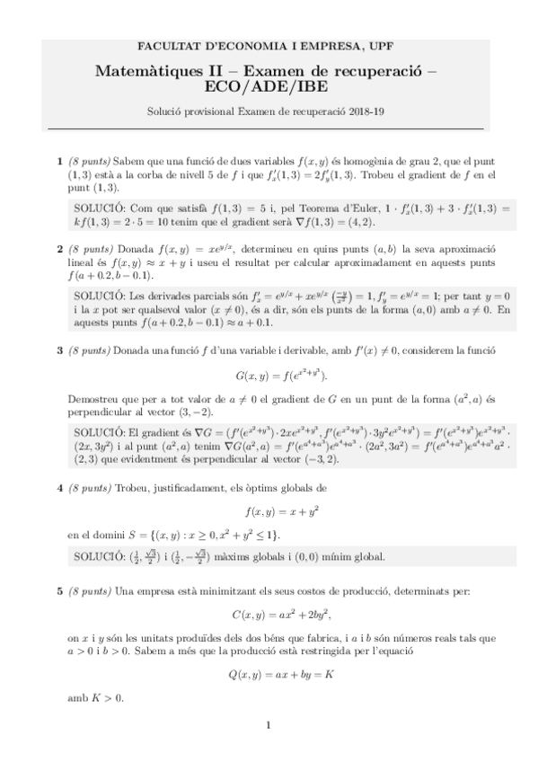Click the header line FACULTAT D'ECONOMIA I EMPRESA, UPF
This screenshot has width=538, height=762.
[x=269, y=46]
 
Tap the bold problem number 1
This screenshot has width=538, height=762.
[x=60, y=161]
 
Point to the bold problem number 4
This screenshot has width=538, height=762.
[x=60, y=487]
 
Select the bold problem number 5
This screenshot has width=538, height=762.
[x=60, y=591]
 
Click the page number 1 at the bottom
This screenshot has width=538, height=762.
[x=269, y=725]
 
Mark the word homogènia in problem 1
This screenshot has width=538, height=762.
[x=328, y=161]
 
